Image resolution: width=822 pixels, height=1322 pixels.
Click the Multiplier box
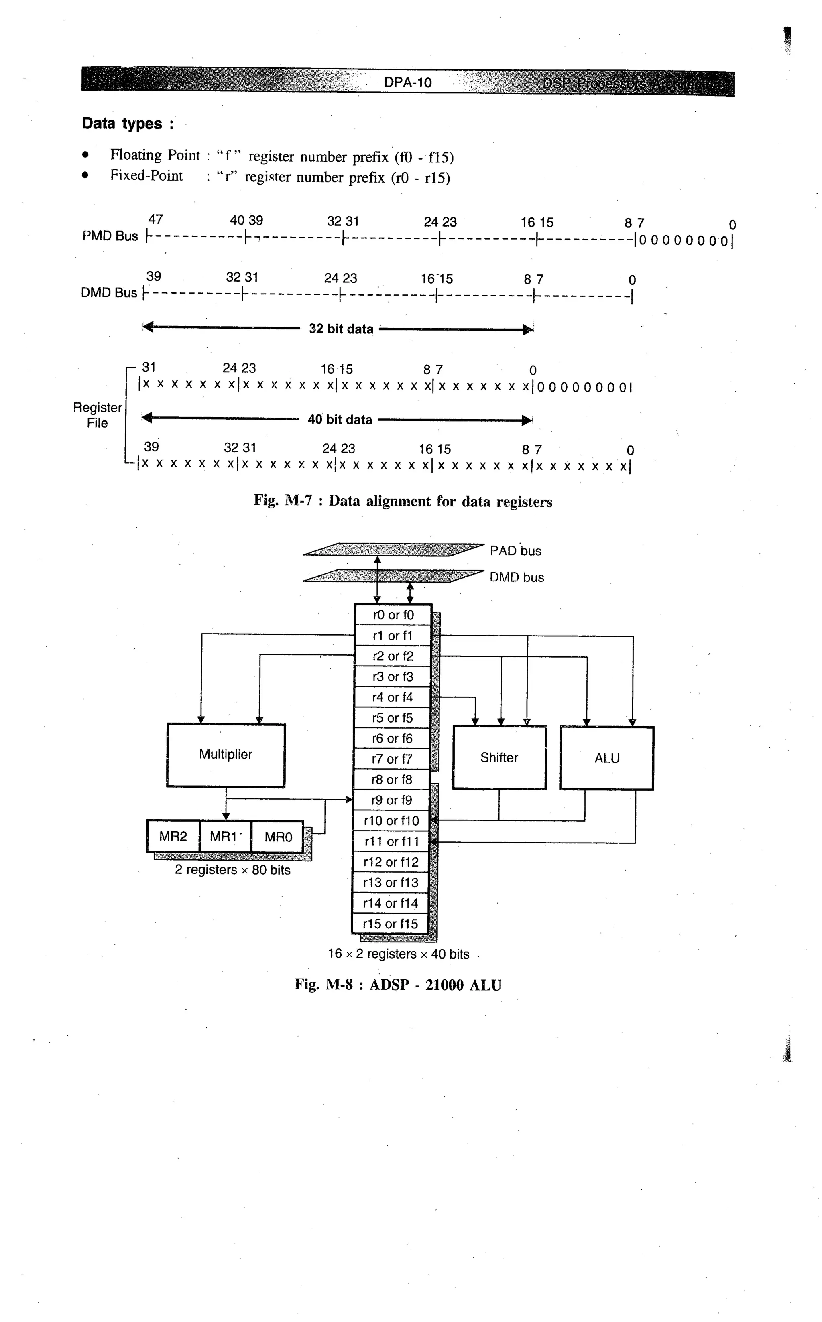(x=226, y=755)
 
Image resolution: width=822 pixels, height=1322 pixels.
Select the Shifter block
(x=499, y=757)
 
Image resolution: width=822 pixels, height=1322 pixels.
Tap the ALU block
(x=607, y=758)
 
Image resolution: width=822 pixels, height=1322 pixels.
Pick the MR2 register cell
(x=173, y=836)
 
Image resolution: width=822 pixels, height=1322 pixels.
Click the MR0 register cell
(x=278, y=837)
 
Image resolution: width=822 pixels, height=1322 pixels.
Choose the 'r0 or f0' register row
(x=393, y=615)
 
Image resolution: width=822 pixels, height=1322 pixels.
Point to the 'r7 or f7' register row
(x=392, y=759)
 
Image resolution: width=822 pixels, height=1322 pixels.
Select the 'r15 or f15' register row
(x=391, y=924)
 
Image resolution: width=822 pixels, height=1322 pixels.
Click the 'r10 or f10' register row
(x=391, y=821)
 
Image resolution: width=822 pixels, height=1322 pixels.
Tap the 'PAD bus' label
(x=515, y=551)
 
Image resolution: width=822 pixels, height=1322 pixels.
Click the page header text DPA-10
(x=408, y=83)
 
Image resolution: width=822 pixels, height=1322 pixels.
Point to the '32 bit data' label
(x=341, y=329)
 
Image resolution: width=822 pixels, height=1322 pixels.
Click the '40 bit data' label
(x=340, y=420)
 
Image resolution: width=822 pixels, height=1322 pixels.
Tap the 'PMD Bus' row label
(x=110, y=236)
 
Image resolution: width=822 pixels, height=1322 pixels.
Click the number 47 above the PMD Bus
(x=155, y=219)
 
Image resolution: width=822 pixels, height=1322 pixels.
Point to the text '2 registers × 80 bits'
(x=233, y=870)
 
